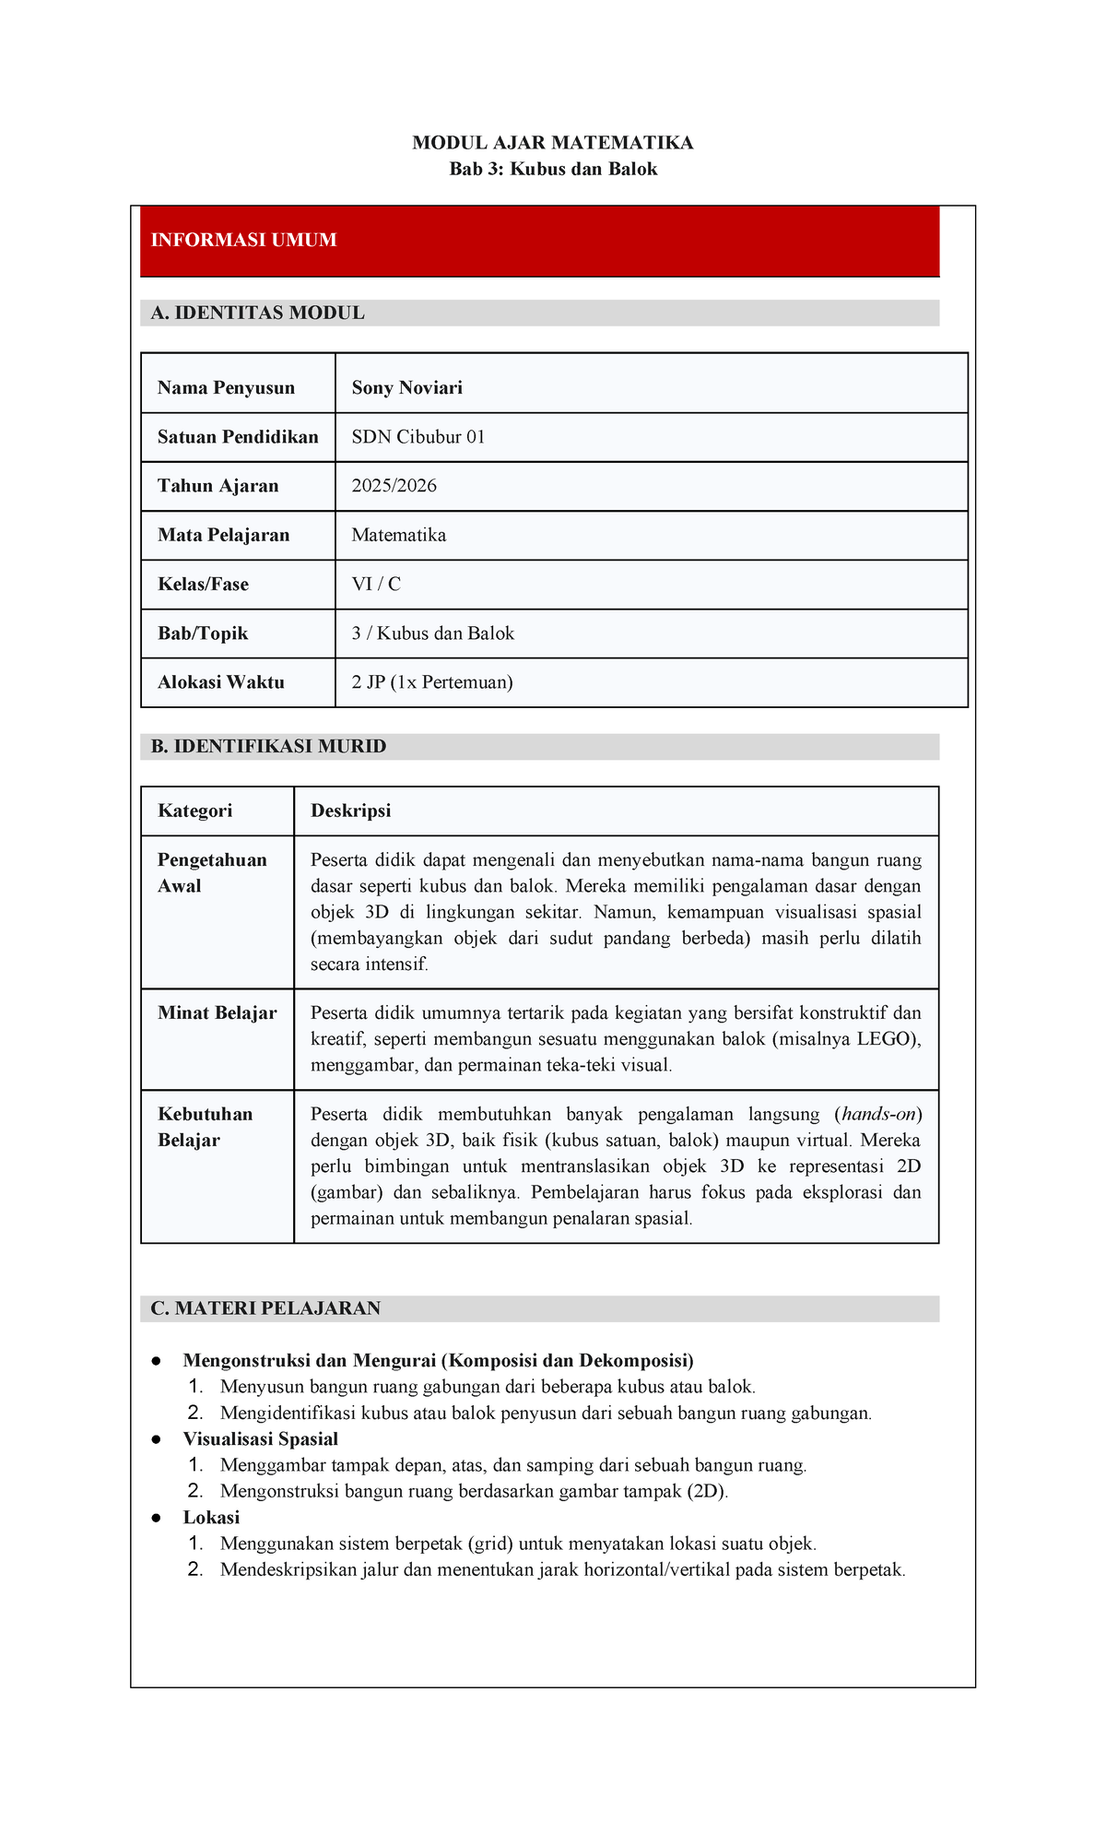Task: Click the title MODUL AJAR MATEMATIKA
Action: pos(552,143)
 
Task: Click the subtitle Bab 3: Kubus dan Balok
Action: pos(553,169)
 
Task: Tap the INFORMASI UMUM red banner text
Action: pos(243,241)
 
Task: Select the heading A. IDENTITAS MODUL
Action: pos(257,314)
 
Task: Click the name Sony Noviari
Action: pos(406,388)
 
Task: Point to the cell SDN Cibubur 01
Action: pos(418,437)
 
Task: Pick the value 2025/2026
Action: pos(394,486)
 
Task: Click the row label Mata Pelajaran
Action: pos(223,535)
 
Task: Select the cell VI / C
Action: pos(375,585)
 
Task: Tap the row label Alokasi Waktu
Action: pos(220,682)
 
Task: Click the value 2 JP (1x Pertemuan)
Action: pos(431,682)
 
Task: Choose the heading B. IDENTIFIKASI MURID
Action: pos(268,747)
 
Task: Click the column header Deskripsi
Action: pos(350,810)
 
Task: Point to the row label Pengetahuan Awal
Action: pos(212,872)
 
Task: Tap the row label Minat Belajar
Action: pos(217,1013)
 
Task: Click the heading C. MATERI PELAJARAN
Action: pos(265,1308)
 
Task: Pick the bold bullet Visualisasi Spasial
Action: pos(260,1439)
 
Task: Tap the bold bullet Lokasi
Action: pos(211,1518)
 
